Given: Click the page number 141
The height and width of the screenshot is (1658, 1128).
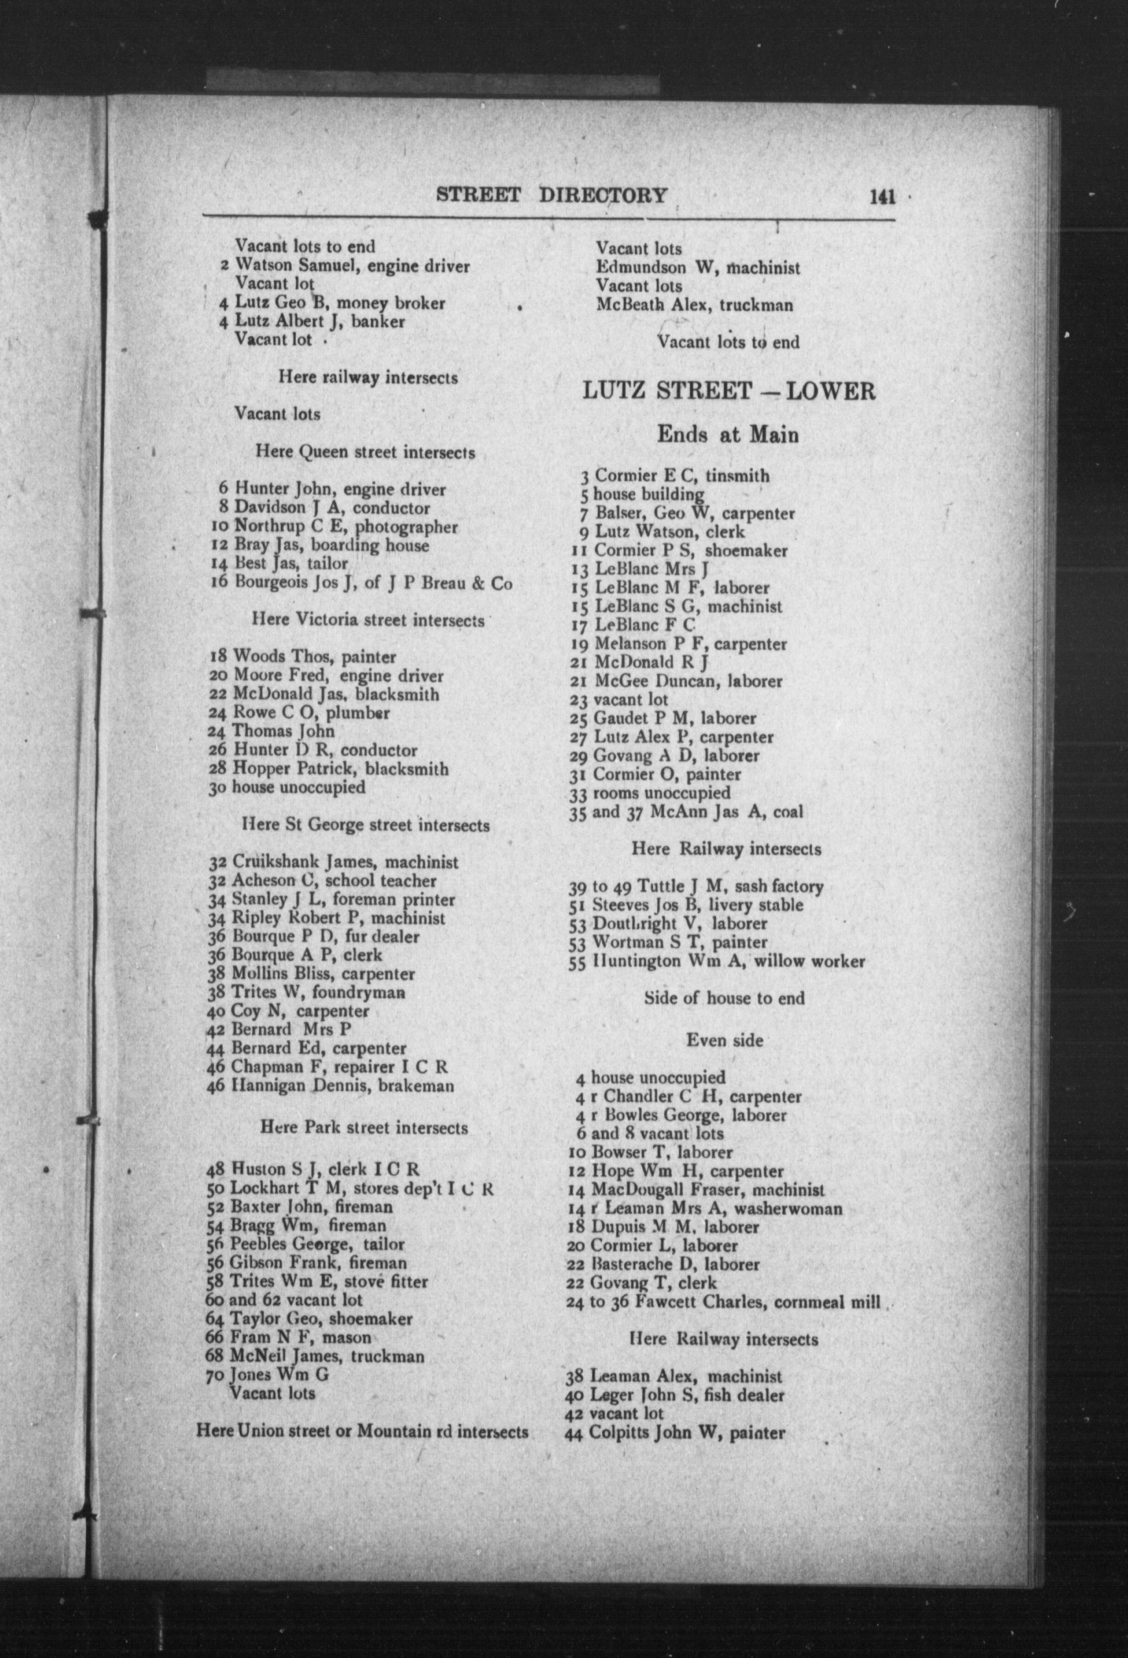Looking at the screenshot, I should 882,197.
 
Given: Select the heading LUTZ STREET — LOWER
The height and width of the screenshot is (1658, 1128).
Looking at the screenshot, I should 728,391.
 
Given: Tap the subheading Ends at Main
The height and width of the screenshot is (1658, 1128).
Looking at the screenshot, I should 727,434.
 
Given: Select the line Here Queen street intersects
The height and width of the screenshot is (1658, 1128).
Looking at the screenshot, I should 365,453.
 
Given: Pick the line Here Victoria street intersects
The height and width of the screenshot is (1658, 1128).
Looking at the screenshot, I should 368,620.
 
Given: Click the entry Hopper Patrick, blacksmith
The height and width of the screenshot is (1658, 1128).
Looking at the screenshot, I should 329,769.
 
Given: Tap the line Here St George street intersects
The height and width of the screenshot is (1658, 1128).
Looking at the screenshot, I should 366,826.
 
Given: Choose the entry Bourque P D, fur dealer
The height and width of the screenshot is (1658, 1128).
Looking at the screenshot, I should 314,936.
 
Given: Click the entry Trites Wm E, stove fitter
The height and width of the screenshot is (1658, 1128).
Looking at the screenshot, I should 317,1282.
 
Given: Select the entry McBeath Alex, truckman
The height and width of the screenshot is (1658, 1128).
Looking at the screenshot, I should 694,305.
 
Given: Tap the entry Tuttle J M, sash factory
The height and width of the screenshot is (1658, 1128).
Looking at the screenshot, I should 696,887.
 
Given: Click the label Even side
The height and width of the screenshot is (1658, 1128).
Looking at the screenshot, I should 724,1040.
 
